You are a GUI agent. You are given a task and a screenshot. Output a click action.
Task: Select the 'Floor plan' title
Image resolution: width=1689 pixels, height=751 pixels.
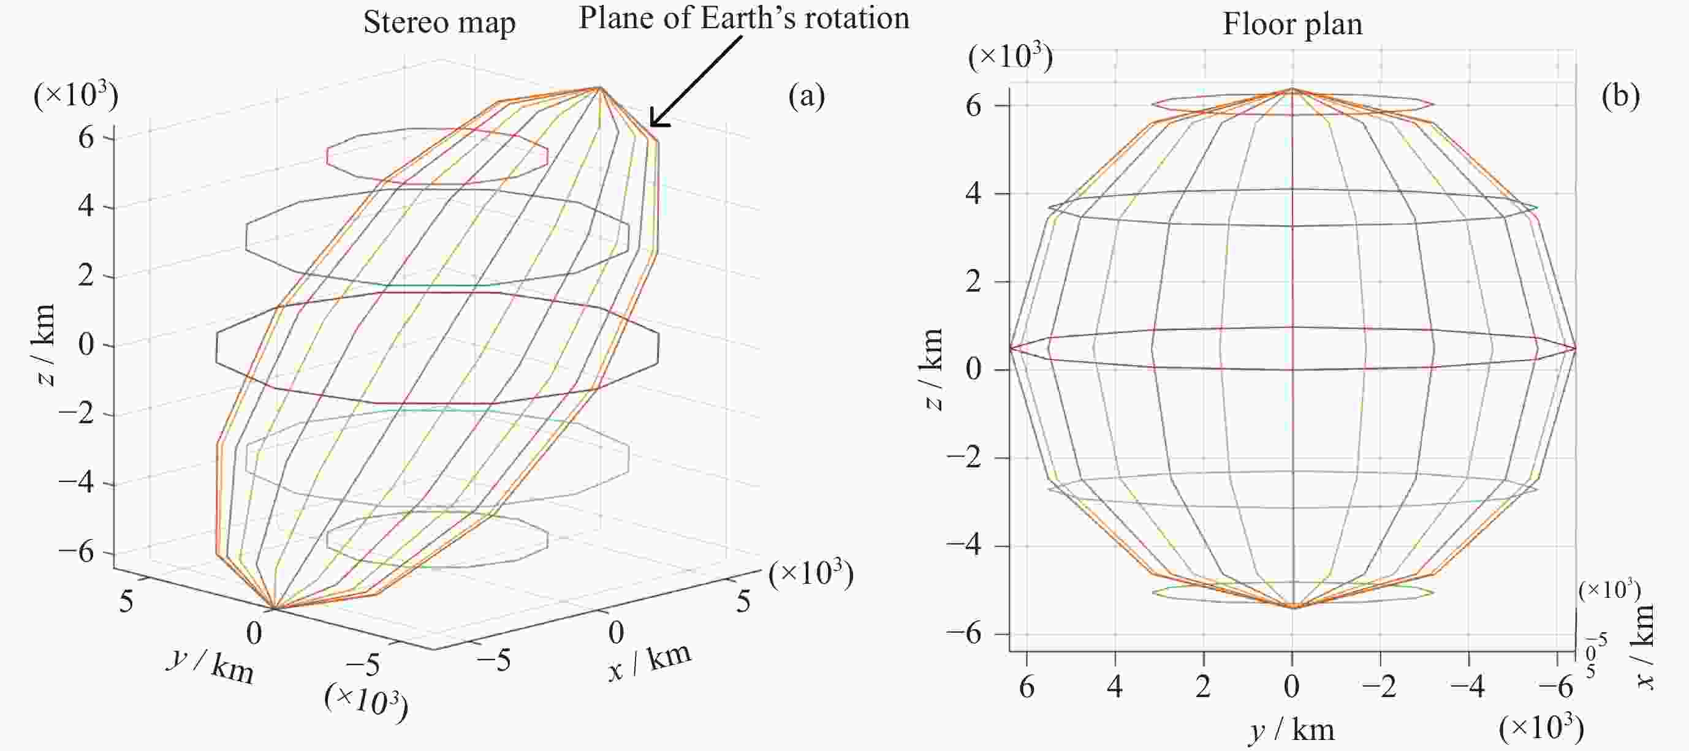(1292, 25)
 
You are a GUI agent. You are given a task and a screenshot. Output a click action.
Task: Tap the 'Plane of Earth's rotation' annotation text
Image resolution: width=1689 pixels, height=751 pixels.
(743, 18)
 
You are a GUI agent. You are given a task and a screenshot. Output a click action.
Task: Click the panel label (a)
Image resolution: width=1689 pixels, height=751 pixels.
(807, 96)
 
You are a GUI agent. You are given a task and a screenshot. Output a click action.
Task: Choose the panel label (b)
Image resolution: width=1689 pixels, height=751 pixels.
(1620, 96)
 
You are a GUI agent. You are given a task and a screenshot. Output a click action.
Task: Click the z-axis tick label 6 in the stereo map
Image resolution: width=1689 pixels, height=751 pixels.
(86, 138)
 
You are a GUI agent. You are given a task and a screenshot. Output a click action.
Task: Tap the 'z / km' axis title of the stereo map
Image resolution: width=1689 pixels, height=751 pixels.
(45, 345)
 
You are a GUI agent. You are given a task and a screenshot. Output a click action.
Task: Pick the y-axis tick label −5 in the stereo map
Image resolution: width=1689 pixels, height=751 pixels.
(363, 666)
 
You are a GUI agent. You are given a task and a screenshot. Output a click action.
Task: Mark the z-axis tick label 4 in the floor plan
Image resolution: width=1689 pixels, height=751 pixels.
(974, 194)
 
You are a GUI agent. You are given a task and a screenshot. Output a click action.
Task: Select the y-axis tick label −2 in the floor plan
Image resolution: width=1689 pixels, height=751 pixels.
(1380, 687)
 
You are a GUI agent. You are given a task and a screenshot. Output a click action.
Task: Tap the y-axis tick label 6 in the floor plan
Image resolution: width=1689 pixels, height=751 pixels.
(1027, 687)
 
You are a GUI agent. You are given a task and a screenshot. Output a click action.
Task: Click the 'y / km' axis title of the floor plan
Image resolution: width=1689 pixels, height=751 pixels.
(1292, 730)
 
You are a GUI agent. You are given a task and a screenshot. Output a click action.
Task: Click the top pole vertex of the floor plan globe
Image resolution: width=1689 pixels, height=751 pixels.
(1292, 89)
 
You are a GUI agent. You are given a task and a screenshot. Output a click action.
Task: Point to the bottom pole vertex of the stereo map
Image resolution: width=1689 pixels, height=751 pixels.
(273, 609)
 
